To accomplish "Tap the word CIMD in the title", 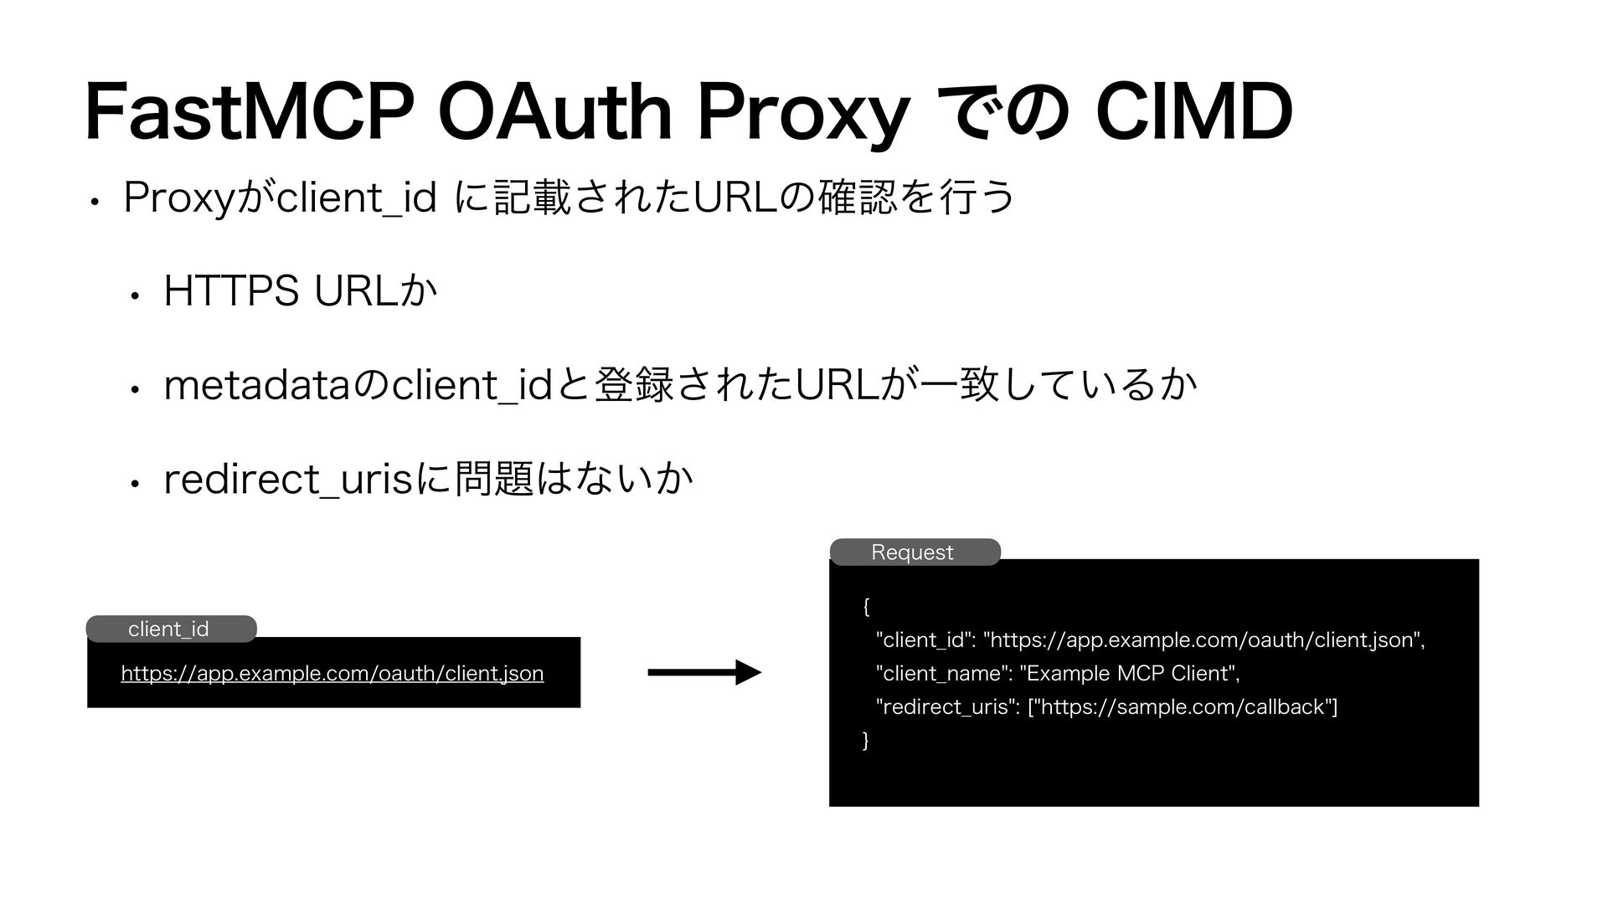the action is pos(1194,113).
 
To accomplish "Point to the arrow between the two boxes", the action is pos(704,672).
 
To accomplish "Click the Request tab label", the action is pos(913,552).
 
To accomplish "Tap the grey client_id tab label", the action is pos(169,629).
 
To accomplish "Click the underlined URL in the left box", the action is pos(332,673).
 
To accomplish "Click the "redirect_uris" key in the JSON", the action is pos(946,707).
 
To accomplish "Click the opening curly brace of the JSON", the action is pos(866,606).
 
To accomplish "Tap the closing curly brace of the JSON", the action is pos(866,741).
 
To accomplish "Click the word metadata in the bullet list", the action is pos(260,385).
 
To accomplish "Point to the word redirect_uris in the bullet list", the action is pos(290,479).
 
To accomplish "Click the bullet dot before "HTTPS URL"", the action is pos(133,295).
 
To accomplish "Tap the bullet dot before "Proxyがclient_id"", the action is pos(98,202).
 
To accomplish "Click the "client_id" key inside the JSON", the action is pos(924,640).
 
